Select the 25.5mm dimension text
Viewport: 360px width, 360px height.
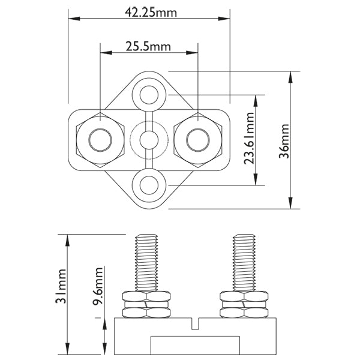click(148, 46)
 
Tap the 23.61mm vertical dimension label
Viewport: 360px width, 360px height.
click(251, 140)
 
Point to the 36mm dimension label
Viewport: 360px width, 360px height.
click(284, 140)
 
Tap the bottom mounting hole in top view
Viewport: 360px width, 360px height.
click(149, 185)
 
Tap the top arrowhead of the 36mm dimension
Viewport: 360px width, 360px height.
click(292, 76)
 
